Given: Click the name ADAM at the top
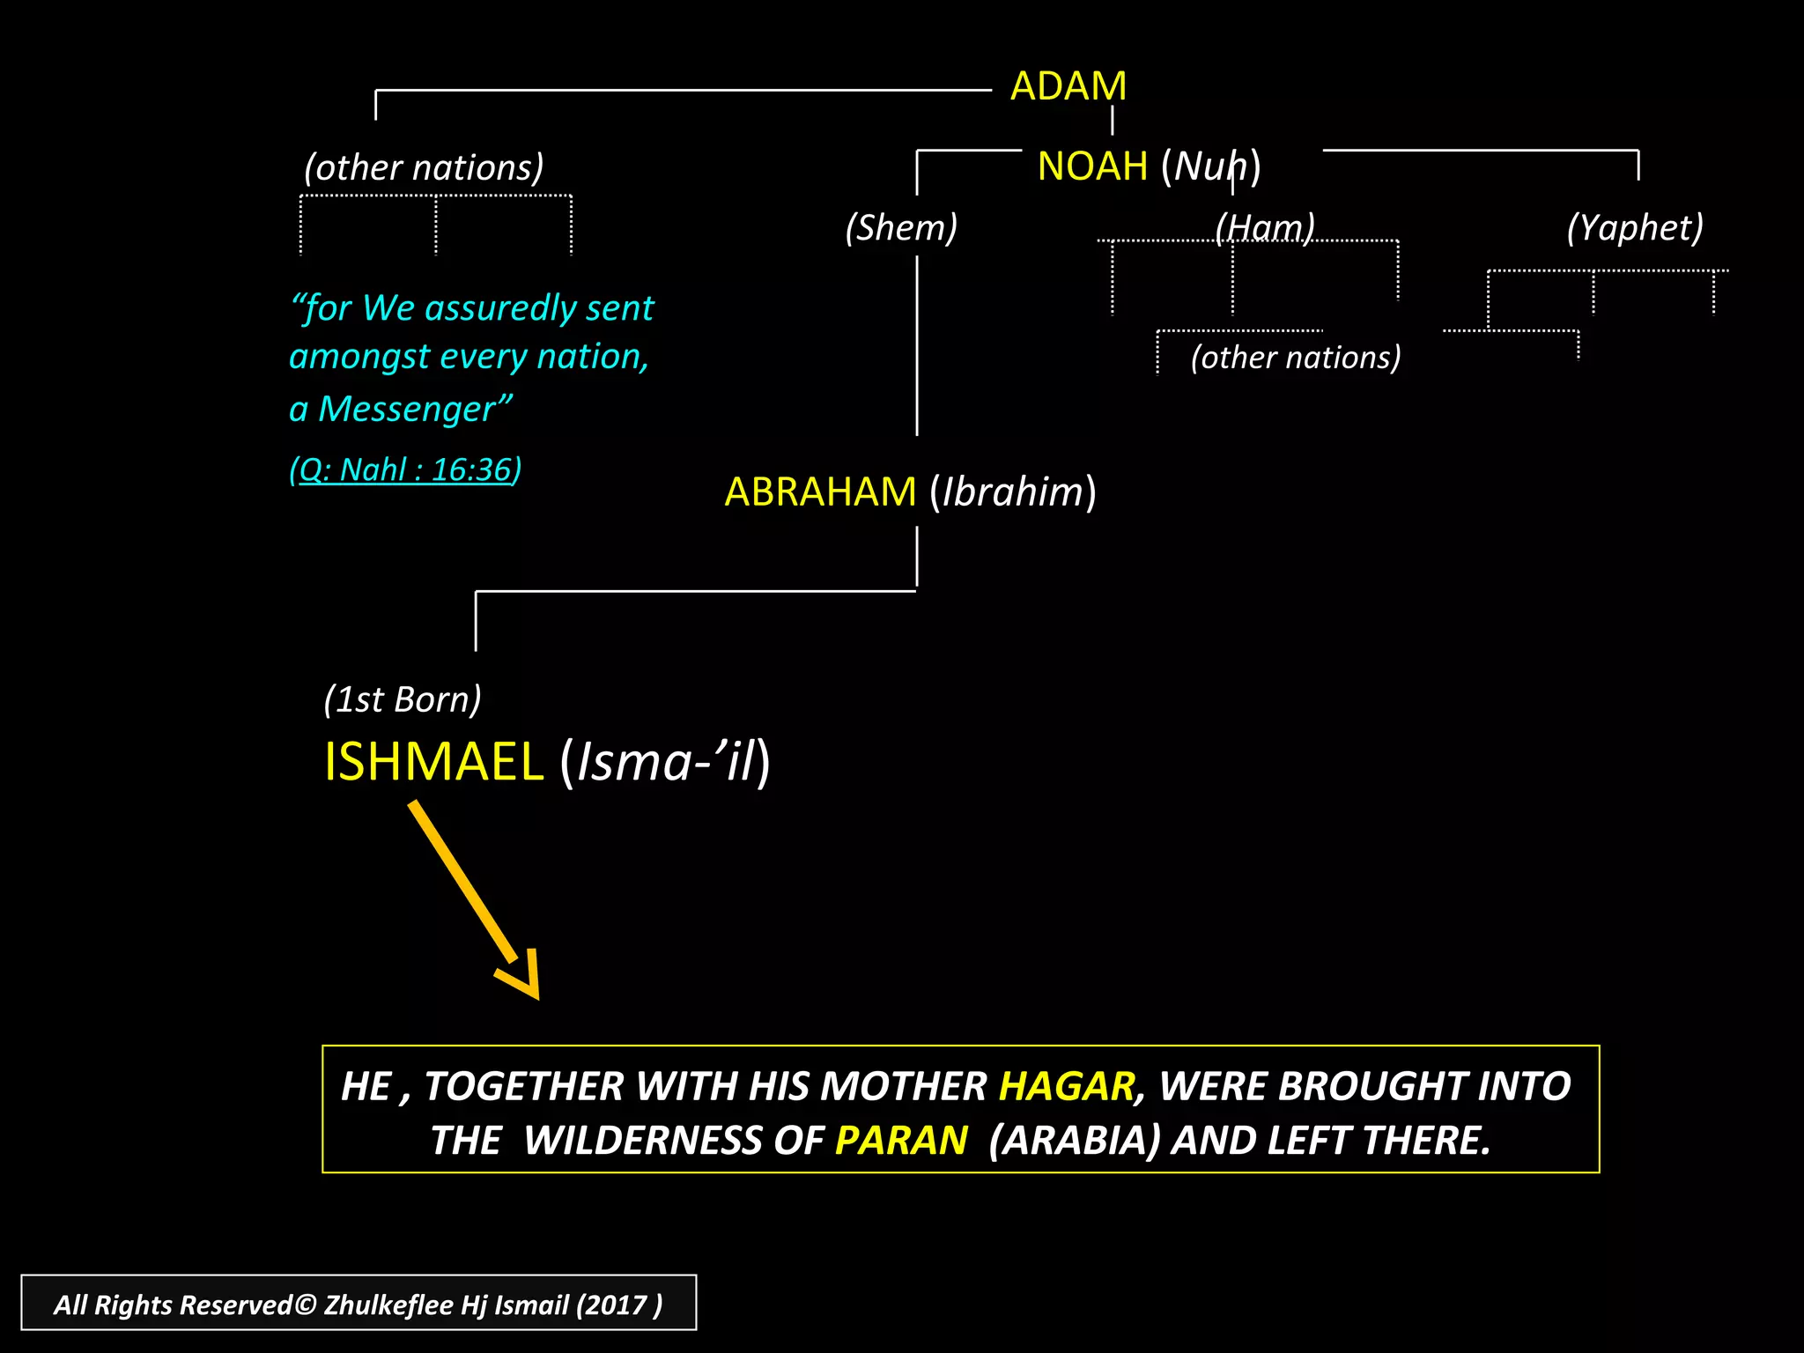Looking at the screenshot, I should (1068, 86).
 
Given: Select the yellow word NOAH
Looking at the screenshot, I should (1092, 166).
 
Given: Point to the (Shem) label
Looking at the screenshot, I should (901, 227).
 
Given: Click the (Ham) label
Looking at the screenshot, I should (1264, 227).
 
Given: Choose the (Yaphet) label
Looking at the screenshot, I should (1635, 227).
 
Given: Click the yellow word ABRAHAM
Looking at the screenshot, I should (820, 492).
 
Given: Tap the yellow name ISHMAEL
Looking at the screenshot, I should (433, 761).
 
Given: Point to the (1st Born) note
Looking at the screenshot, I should (403, 699).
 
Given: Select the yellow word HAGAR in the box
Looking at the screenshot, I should (1067, 1086).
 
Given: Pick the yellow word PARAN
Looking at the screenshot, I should (901, 1141).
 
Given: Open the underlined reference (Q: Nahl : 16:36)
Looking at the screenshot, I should (405, 469).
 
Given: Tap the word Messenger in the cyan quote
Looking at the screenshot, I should (407, 410).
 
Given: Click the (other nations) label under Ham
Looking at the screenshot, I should (1295, 357).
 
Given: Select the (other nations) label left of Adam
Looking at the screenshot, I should (424, 167).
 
